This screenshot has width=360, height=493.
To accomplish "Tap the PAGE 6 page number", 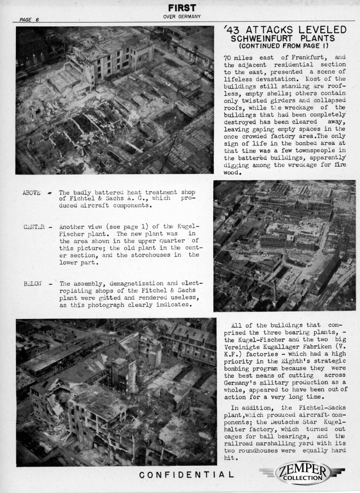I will point(29,20).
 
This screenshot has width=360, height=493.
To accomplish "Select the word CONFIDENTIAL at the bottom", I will point(187,476).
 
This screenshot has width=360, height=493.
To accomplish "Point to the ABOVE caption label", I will point(31,193).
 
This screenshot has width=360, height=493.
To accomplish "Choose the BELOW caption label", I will point(32,283).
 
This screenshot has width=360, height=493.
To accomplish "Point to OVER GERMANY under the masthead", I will point(182,17).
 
